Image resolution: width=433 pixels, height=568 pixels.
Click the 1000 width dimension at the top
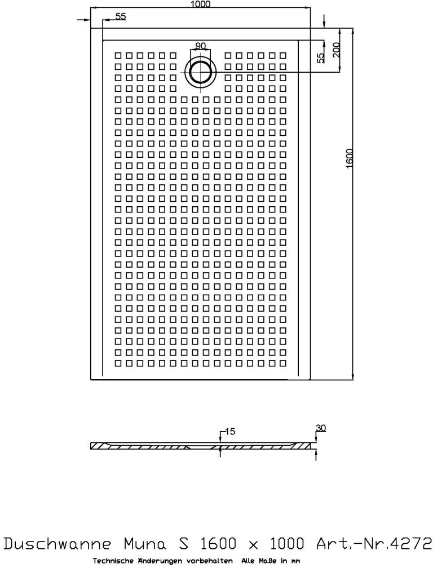pos(201,5)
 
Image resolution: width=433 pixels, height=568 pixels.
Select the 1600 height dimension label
pos(350,158)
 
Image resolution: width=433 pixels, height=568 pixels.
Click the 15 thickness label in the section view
pos(229,432)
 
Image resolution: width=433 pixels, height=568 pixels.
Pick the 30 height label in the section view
pos(320,428)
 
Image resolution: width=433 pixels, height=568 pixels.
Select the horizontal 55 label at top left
pos(121,17)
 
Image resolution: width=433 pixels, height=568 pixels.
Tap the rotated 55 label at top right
pos(320,57)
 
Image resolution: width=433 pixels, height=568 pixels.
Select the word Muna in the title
pos(142,544)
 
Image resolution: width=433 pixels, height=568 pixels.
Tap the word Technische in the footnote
pos(112,561)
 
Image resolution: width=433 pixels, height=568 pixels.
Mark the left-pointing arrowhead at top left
pos(80,20)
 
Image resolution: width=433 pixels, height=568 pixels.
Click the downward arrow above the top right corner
pos(324,22)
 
